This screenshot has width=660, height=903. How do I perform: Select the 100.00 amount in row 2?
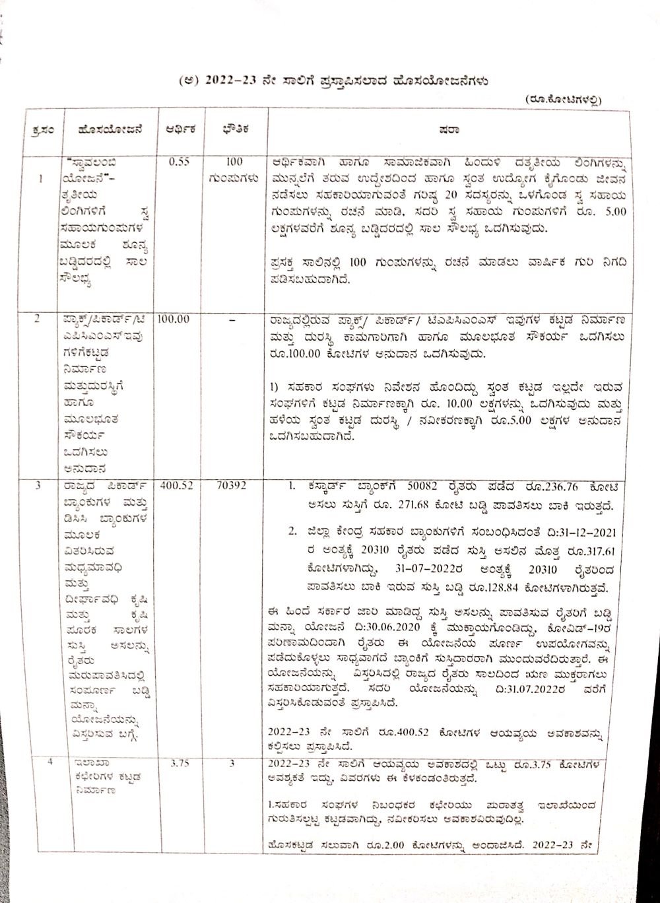pos(174,319)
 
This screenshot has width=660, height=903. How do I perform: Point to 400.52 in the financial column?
pos(176,485)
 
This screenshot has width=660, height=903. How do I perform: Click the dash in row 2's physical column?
pos(231,319)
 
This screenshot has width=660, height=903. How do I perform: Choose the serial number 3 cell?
pos(38,486)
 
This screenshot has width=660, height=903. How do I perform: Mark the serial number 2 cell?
pos(38,319)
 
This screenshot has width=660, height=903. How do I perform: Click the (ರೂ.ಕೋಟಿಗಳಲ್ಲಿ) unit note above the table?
pos(564,99)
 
